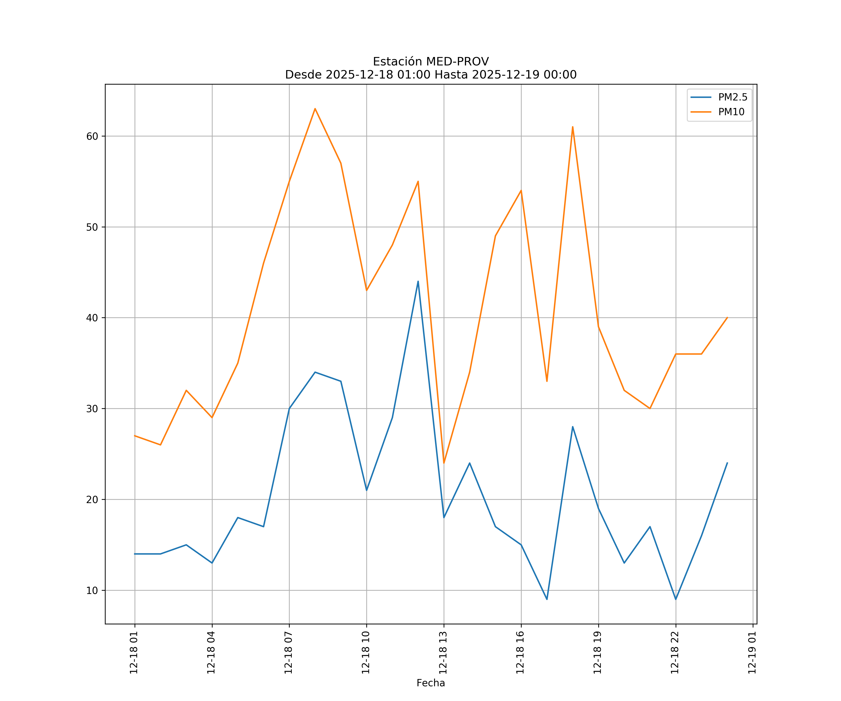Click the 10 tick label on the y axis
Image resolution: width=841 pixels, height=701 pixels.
[x=92, y=590]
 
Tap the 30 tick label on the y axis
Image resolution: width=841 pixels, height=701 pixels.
[x=92, y=409]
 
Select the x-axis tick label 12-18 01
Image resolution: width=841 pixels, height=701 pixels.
[x=134, y=653]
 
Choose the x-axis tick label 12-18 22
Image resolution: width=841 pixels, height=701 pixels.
[x=675, y=653]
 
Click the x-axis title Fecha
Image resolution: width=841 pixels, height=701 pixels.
[x=431, y=683]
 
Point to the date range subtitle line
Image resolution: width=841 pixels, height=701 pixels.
[x=431, y=75]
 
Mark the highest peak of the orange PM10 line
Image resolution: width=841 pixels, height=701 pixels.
[x=315, y=109]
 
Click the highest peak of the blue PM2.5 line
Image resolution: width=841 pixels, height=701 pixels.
[x=418, y=281]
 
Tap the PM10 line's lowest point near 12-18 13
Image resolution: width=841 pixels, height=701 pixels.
[x=444, y=463]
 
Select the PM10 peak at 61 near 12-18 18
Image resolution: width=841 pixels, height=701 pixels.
[x=573, y=127]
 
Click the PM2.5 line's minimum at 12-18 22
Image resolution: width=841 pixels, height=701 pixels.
[x=676, y=599]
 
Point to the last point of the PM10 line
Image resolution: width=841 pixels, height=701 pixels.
[x=727, y=318]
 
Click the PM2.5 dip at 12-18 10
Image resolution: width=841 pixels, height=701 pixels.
[x=367, y=490]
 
